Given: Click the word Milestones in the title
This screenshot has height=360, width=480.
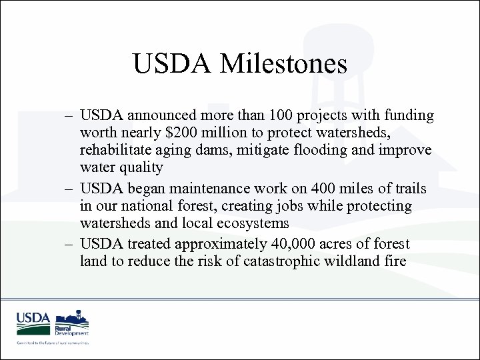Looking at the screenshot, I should click(288, 64).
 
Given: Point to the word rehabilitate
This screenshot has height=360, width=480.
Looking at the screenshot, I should click(117, 149).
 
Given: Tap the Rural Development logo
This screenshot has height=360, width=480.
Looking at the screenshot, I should click(72, 322).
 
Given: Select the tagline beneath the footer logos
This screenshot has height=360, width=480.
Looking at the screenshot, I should click(53, 342).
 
